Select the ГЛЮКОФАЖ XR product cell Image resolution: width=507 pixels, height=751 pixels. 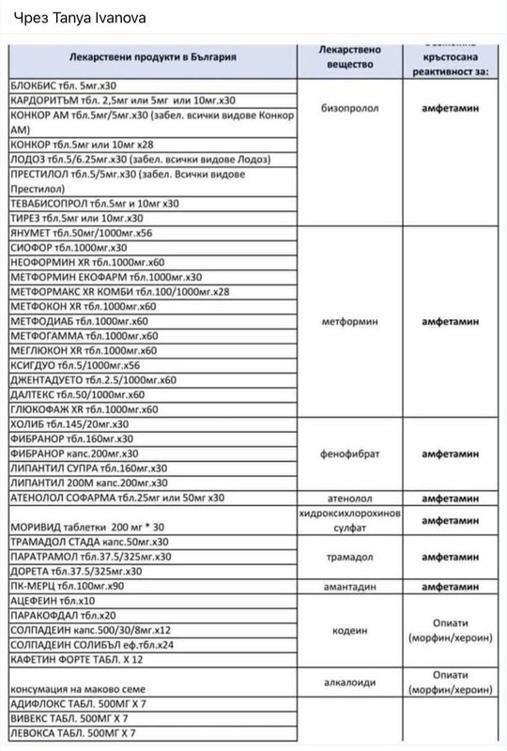tap(90, 409)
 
